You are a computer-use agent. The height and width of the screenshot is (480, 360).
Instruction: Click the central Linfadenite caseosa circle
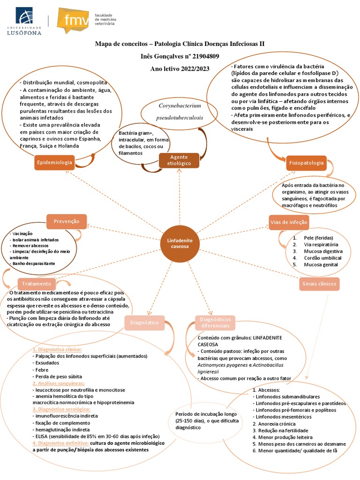pyautogui.click(x=180, y=243)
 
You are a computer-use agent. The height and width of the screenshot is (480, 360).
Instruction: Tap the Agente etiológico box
pyautogui.click(x=179, y=160)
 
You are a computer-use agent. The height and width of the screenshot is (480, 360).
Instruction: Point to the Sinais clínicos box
pyautogui.click(x=318, y=284)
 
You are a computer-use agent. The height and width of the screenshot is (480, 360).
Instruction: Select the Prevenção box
pyautogui.click(x=67, y=221)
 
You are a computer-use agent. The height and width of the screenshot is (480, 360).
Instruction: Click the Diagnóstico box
pyautogui.click(x=144, y=322)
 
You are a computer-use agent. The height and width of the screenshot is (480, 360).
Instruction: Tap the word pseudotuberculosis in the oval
pyautogui.click(x=180, y=118)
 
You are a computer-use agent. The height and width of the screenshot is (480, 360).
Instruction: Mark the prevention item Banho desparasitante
pyautogui.click(x=34, y=263)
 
